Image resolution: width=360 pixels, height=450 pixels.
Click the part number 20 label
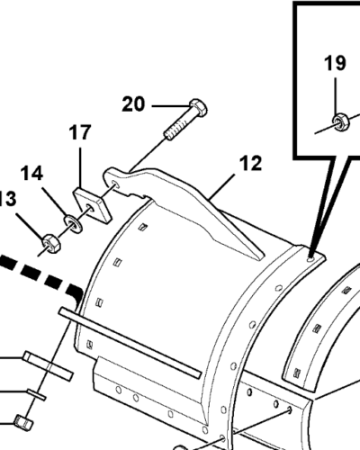(133, 104)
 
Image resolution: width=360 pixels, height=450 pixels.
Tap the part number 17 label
(80, 132)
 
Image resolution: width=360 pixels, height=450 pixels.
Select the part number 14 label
(31, 174)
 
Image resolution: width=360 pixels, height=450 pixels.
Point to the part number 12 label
(250, 163)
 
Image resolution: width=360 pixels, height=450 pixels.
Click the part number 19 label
(335, 63)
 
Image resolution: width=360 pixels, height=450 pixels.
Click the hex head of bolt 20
(198, 108)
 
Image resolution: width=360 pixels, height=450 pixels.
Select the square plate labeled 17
(93, 206)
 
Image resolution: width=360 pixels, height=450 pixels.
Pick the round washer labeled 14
(73, 223)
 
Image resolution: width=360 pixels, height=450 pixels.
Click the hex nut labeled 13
(51, 243)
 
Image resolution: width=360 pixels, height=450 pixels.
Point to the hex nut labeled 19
(341, 121)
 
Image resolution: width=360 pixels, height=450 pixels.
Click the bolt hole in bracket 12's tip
(115, 184)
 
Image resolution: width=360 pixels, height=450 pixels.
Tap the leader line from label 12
(221, 186)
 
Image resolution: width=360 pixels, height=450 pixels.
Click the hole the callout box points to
(310, 258)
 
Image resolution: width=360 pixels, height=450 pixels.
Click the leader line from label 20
(171, 106)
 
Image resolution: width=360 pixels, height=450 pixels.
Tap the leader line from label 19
(336, 95)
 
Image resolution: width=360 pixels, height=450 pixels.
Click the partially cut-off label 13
(8, 199)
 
